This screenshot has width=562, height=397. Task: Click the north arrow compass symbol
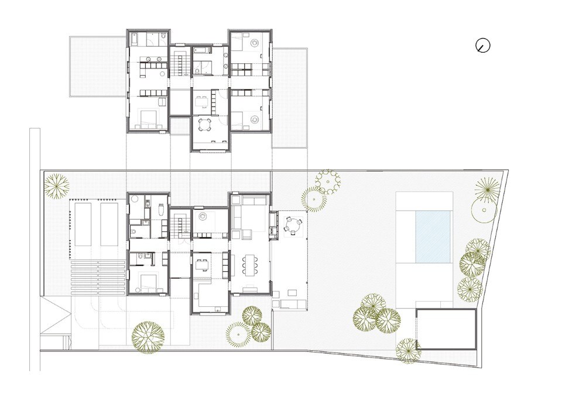pyautogui.click(x=483, y=46)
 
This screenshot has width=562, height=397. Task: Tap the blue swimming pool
pyautogui.click(x=434, y=237)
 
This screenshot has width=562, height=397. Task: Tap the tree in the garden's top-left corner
pyautogui.click(x=57, y=186)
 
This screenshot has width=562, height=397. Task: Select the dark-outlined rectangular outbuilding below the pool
pyautogui.click(x=446, y=330)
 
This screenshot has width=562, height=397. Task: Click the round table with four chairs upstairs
pyautogui.click(x=206, y=124)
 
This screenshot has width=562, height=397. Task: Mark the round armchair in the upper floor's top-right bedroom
pyautogui.click(x=256, y=43)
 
